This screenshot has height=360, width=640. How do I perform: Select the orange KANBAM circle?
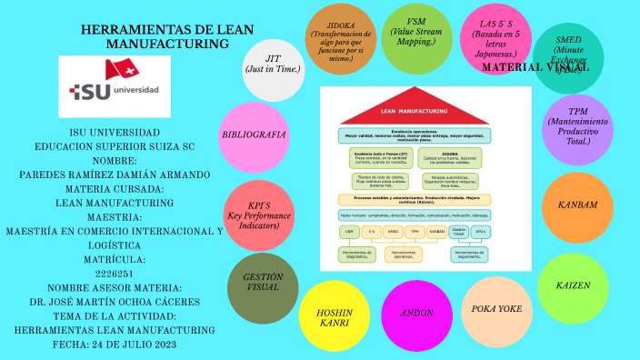[576, 205]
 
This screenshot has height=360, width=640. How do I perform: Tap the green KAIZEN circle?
[573, 285]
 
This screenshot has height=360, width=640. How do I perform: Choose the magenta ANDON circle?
[416, 315]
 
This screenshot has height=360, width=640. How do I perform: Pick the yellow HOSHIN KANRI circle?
[334, 316]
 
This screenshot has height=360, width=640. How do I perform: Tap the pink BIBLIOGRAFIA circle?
[254, 135]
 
